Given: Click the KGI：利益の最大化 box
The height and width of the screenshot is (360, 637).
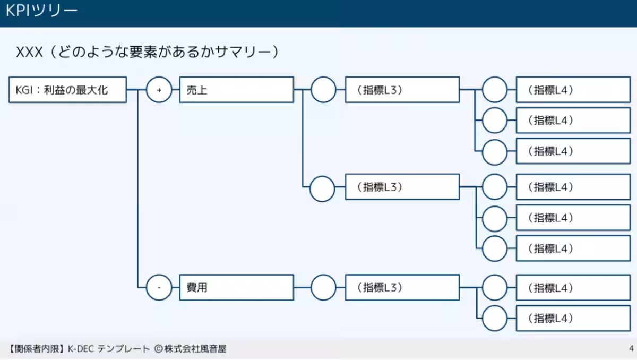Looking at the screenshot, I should pos(68,90).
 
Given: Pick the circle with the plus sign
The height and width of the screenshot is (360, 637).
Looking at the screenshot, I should pos(159,90).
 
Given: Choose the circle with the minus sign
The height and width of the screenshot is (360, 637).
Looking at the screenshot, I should pos(159,288).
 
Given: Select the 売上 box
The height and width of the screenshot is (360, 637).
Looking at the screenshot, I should pos(236,90).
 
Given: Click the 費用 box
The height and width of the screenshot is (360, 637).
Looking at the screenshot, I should pos(236,288).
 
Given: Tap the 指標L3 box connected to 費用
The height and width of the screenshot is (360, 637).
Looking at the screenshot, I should pos(402,288).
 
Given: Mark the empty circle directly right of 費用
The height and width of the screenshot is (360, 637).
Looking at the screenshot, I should pos(323,288).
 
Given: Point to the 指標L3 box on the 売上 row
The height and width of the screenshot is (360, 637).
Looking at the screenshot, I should pos(402,90).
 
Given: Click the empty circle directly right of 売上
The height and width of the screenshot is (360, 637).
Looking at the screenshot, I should pos(323,90).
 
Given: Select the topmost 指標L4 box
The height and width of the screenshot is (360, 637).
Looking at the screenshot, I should pos(573,90).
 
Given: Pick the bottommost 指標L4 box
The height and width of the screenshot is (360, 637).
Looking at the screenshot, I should pos(573,319).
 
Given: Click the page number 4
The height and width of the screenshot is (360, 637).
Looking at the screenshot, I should pos(631,349).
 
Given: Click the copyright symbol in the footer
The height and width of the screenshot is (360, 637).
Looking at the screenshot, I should pos(158,349).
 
